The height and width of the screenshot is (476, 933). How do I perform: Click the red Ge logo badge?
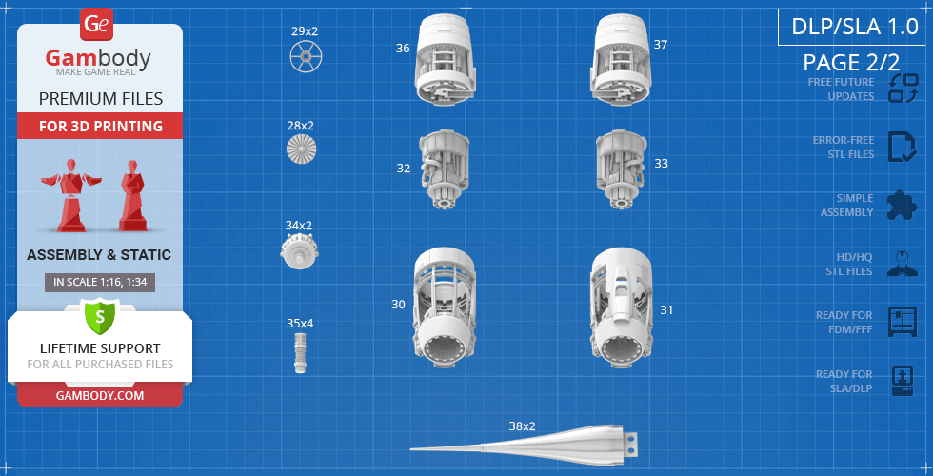point(96,25)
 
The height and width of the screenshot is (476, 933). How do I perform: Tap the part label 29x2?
point(305,31)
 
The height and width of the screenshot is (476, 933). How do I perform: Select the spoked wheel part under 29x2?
point(306,57)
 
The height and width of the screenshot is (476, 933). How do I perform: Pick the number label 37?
point(660,45)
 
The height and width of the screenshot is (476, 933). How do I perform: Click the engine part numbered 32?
point(445,169)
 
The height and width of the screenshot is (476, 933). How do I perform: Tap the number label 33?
point(661,164)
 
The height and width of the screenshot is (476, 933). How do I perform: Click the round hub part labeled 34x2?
point(299,251)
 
